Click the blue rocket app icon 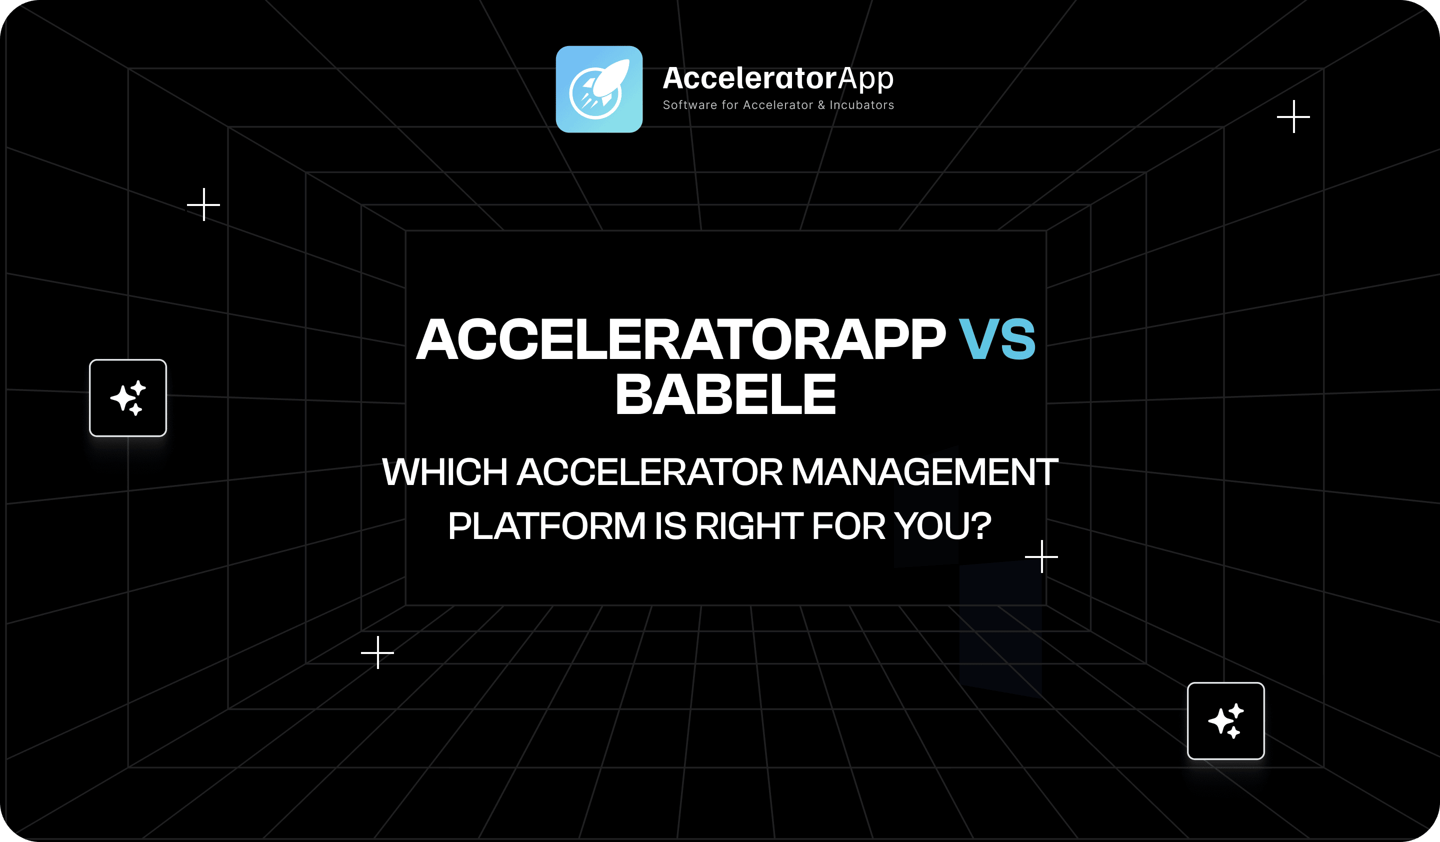(599, 89)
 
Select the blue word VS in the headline (997, 339)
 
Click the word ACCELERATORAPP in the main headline (680, 339)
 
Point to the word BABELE (725, 393)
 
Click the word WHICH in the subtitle (444, 472)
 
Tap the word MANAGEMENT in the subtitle (924, 472)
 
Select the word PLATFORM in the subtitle (547, 525)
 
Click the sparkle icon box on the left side (128, 397)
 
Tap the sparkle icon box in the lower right (1225, 721)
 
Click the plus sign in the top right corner (1293, 116)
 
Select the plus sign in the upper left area (203, 204)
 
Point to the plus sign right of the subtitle (1041, 556)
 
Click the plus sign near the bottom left (377, 652)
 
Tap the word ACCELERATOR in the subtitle (649, 472)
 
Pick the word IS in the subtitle (670, 525)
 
